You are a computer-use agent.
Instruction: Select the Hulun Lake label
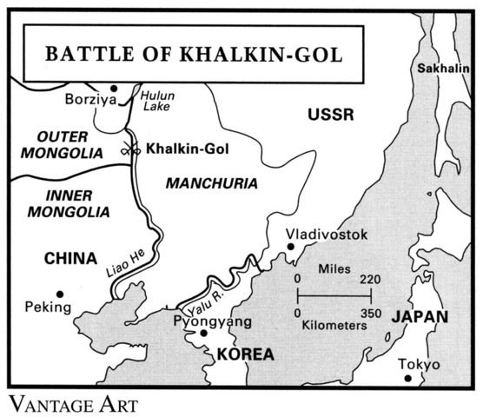pyautogui.click(x=157, y=99)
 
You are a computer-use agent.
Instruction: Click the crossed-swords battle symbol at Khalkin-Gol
pyautogui.click(x=132, y=149)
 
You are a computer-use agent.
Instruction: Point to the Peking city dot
pyautogui.click(x=60, y=293)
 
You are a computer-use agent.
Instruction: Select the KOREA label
pyautogui.click(x=245, y=354)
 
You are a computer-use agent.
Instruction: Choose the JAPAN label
pyautogui.click(x=419, y=316)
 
